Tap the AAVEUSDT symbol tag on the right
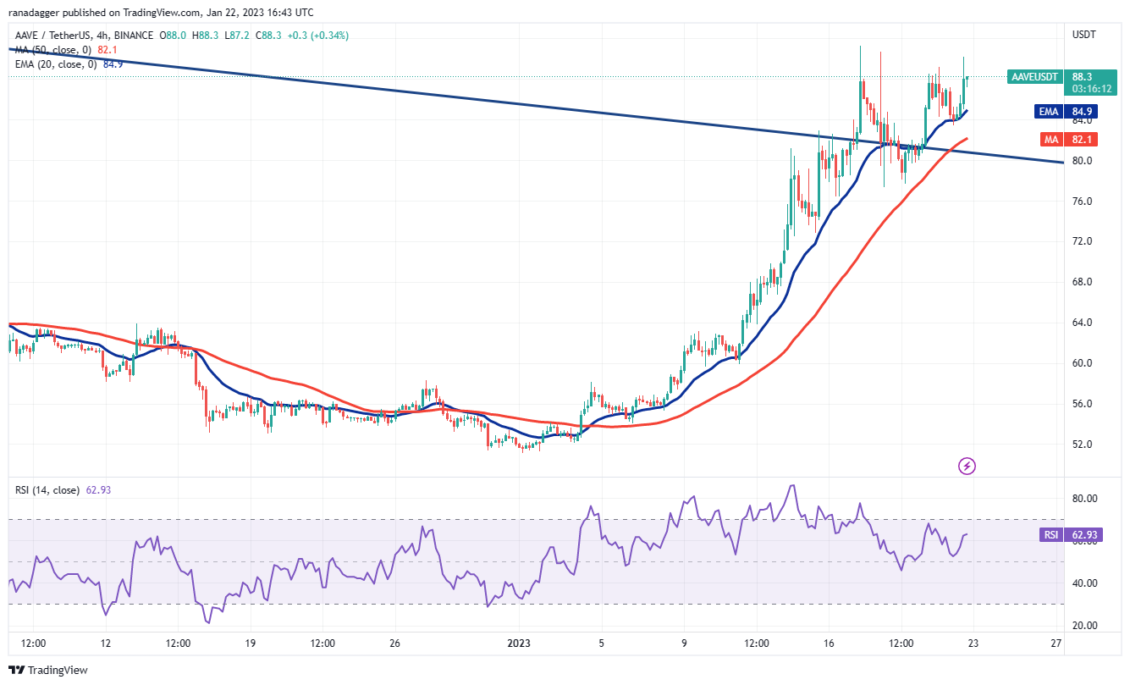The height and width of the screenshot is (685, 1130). click(x=1034, y=77)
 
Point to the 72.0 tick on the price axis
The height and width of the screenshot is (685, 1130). click(x=1083, y=241)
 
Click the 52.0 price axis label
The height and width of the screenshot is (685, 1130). click(x=1083, y=445)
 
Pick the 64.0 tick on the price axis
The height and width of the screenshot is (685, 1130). click(x=1083, y=323)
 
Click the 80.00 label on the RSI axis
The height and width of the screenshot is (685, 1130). click(x=1086, y=499)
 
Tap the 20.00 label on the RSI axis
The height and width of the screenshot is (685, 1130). click(x=1086, y=626)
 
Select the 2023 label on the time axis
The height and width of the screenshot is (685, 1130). click(x=519, y=643)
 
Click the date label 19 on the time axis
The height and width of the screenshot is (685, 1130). click(x=251, y=643)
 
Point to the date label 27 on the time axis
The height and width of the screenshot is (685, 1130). click(x=1056, y=643)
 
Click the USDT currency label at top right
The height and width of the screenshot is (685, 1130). click(x=1084, y=35)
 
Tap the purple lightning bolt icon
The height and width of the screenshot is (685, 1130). click(x=967, y=466)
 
